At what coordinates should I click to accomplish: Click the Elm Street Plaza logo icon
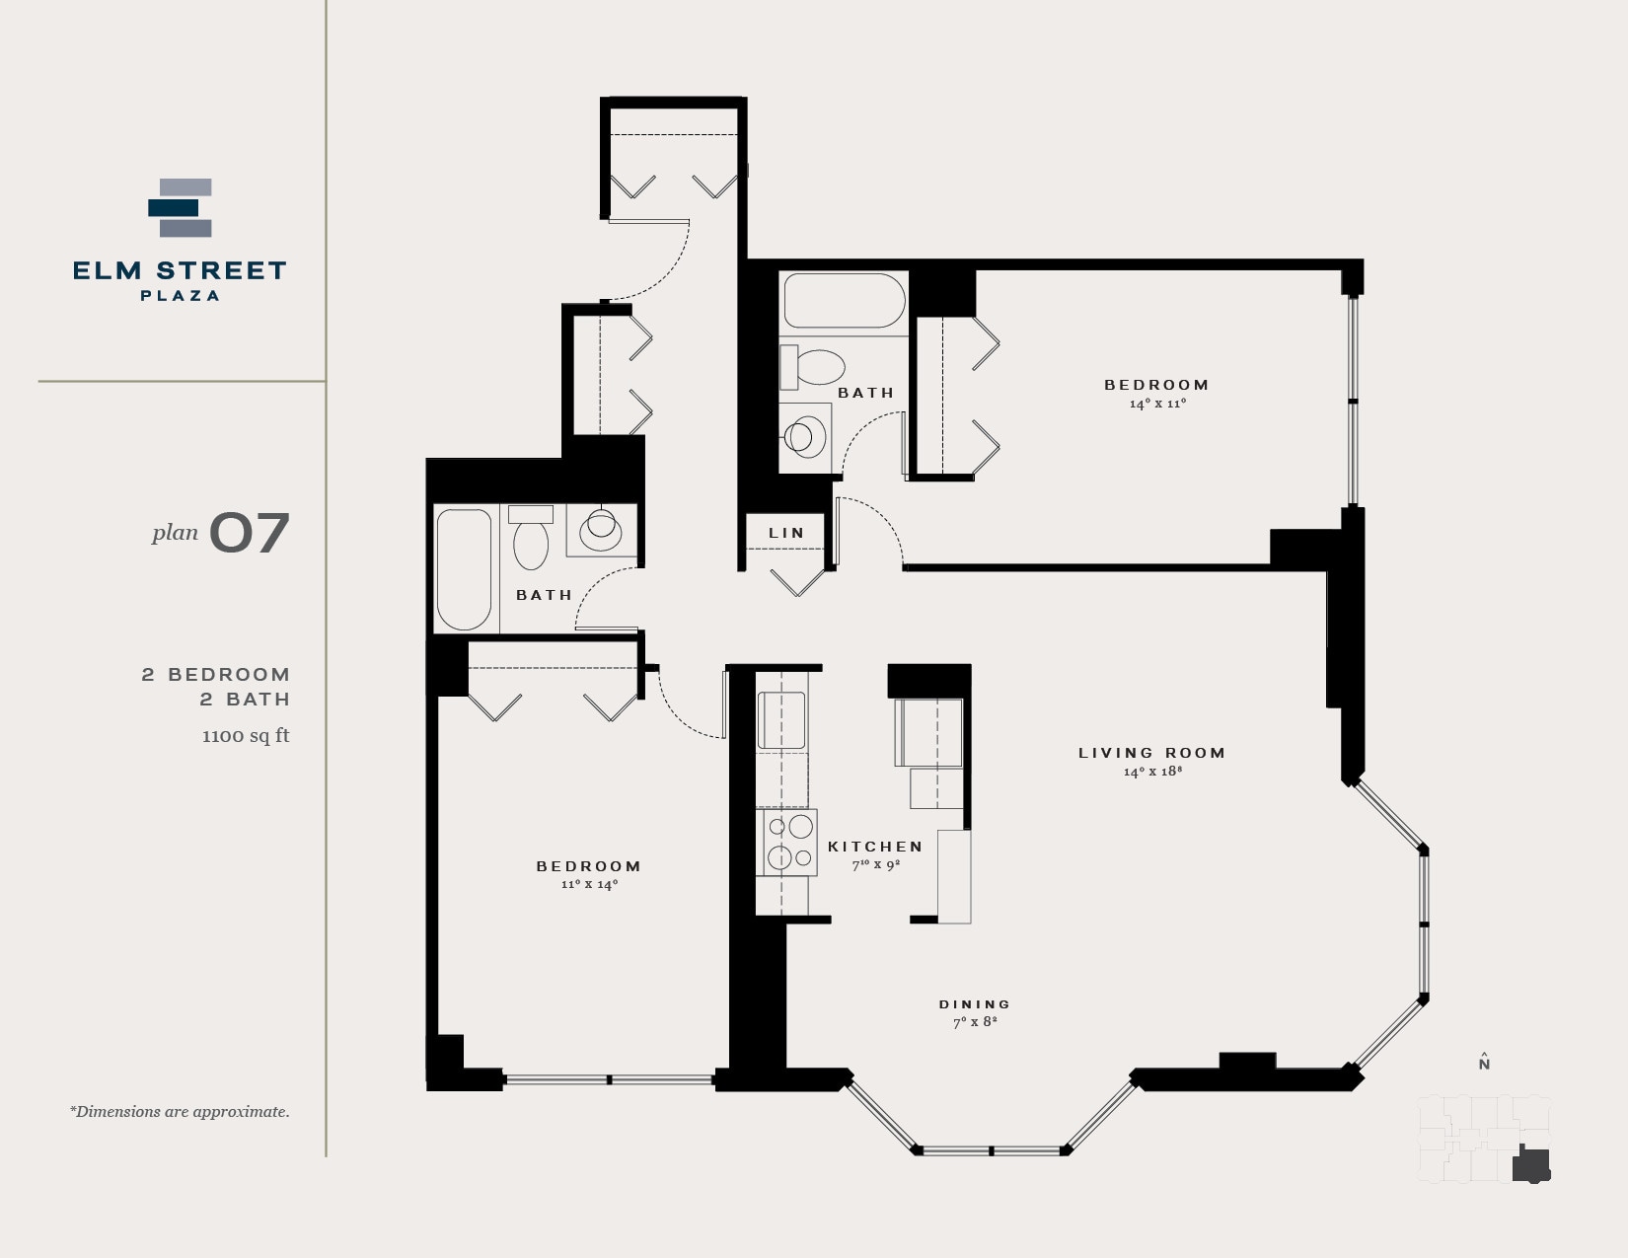[181, 208]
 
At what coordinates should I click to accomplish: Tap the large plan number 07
[249, 533]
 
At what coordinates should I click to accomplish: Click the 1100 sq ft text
[246, 735]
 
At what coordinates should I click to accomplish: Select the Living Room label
[1151, 753]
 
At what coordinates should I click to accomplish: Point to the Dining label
[975, 1004]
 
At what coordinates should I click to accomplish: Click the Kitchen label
[875, 847]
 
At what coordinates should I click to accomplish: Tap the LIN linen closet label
[786, 533]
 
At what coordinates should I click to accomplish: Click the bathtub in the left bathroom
[464, 569]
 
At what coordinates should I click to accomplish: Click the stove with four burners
[787, 842]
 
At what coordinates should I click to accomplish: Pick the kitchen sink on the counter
[781, 721]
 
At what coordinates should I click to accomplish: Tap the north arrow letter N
[1484, 1064]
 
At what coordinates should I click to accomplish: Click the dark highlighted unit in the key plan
[1530, 1165]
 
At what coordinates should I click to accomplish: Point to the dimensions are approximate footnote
[180, 1112]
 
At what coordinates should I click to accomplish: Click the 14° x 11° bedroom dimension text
[1157, 404]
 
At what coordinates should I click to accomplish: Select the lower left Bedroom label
[589, 866]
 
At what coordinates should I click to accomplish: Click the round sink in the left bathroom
[601, 530]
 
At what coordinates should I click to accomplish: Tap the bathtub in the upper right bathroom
[845, 301]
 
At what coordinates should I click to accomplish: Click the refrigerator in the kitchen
[928, 732]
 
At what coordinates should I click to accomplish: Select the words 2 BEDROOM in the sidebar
[216, 675]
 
